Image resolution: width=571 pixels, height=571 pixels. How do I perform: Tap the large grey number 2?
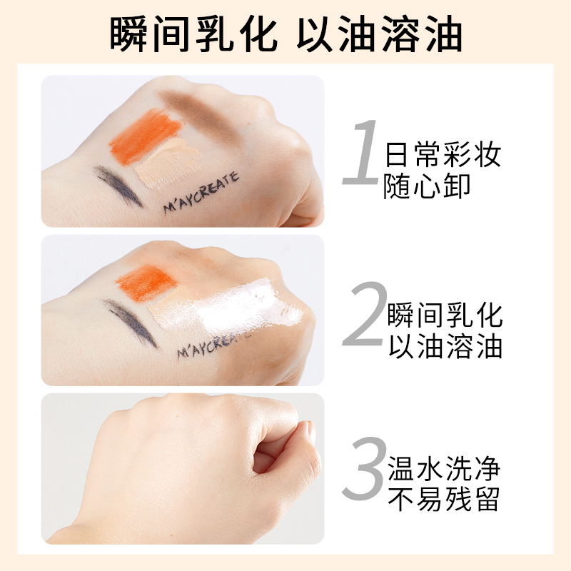(364, 314)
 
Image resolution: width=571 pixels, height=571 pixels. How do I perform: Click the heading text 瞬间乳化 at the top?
(193, 32)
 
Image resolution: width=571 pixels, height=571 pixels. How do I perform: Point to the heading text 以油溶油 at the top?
(380, 32)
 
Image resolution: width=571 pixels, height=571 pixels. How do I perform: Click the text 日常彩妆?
(443, 155)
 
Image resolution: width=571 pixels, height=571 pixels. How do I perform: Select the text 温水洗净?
(443, 469)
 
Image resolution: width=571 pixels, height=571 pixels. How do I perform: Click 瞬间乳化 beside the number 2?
(445, 314)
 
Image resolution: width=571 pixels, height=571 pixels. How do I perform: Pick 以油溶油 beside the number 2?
(445, 346)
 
